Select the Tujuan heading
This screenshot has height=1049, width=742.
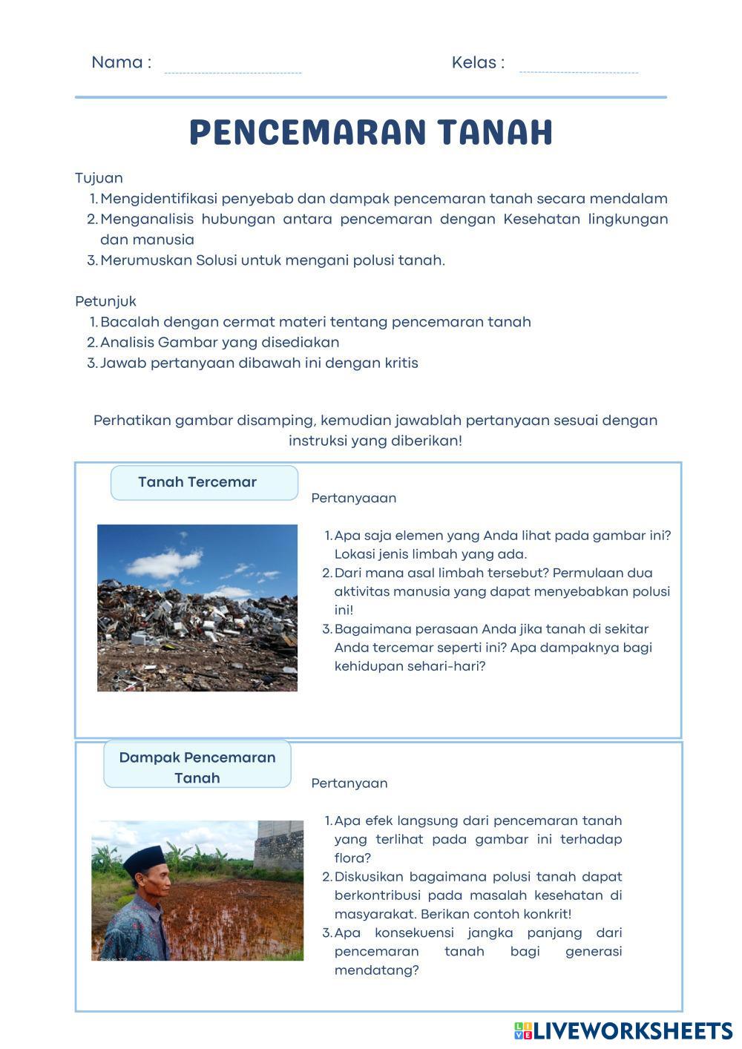click(99, 178)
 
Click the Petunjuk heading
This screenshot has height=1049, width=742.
click(105, 301)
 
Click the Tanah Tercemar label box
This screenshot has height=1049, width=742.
click(204, 482)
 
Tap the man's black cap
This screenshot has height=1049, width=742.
click(144, 860)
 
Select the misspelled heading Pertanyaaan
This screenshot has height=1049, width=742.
click(354, 498)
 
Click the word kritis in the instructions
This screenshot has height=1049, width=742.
click(401, 364)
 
